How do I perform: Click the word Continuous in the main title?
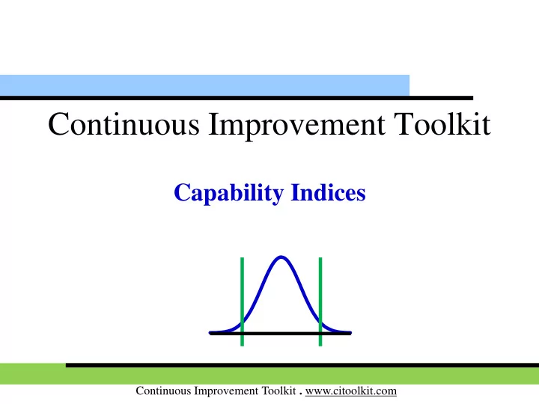click(x=124, y=123)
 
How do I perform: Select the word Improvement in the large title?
click(x=297, y=126)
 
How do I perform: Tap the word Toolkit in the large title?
click(x=442, y=123)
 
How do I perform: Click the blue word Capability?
click(x=229, y=193)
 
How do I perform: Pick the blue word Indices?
click(x=329, y=192)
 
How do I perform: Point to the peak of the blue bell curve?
click(x=281, y=257)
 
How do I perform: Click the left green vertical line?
click(x=243, y=302)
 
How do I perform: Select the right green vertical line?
click(x=320, y=302)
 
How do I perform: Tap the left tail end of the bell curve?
click(x=210, y=332)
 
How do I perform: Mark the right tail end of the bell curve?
click(x=350, y=332)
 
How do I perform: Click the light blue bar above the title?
click(x=204, y=85)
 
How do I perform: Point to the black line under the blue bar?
click(x=237, y=98)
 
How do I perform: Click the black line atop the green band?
click(x=302, y=365)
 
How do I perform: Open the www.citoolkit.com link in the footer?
click(x=351, y=391)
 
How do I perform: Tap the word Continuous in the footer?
click(x=163, y=391)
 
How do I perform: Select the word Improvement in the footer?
click(x=226, y=391)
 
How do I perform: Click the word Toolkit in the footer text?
click(x=278, y=391)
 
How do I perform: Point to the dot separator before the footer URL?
click(x=300, y=394)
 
